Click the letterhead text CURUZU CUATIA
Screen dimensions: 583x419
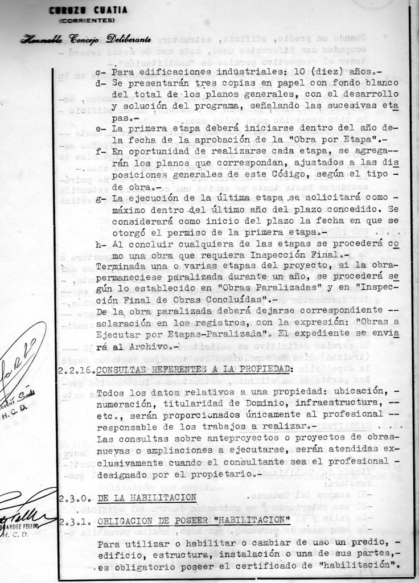pos(88,10)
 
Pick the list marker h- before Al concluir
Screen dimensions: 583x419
pos(101,244)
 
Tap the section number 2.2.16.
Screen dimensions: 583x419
pos(76,369)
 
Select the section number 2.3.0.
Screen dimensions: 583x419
pos(74,498)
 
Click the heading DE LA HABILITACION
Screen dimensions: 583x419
pos(147,498)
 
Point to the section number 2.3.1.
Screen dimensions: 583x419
pos(74,520)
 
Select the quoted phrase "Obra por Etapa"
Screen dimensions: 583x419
pos(331,140)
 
